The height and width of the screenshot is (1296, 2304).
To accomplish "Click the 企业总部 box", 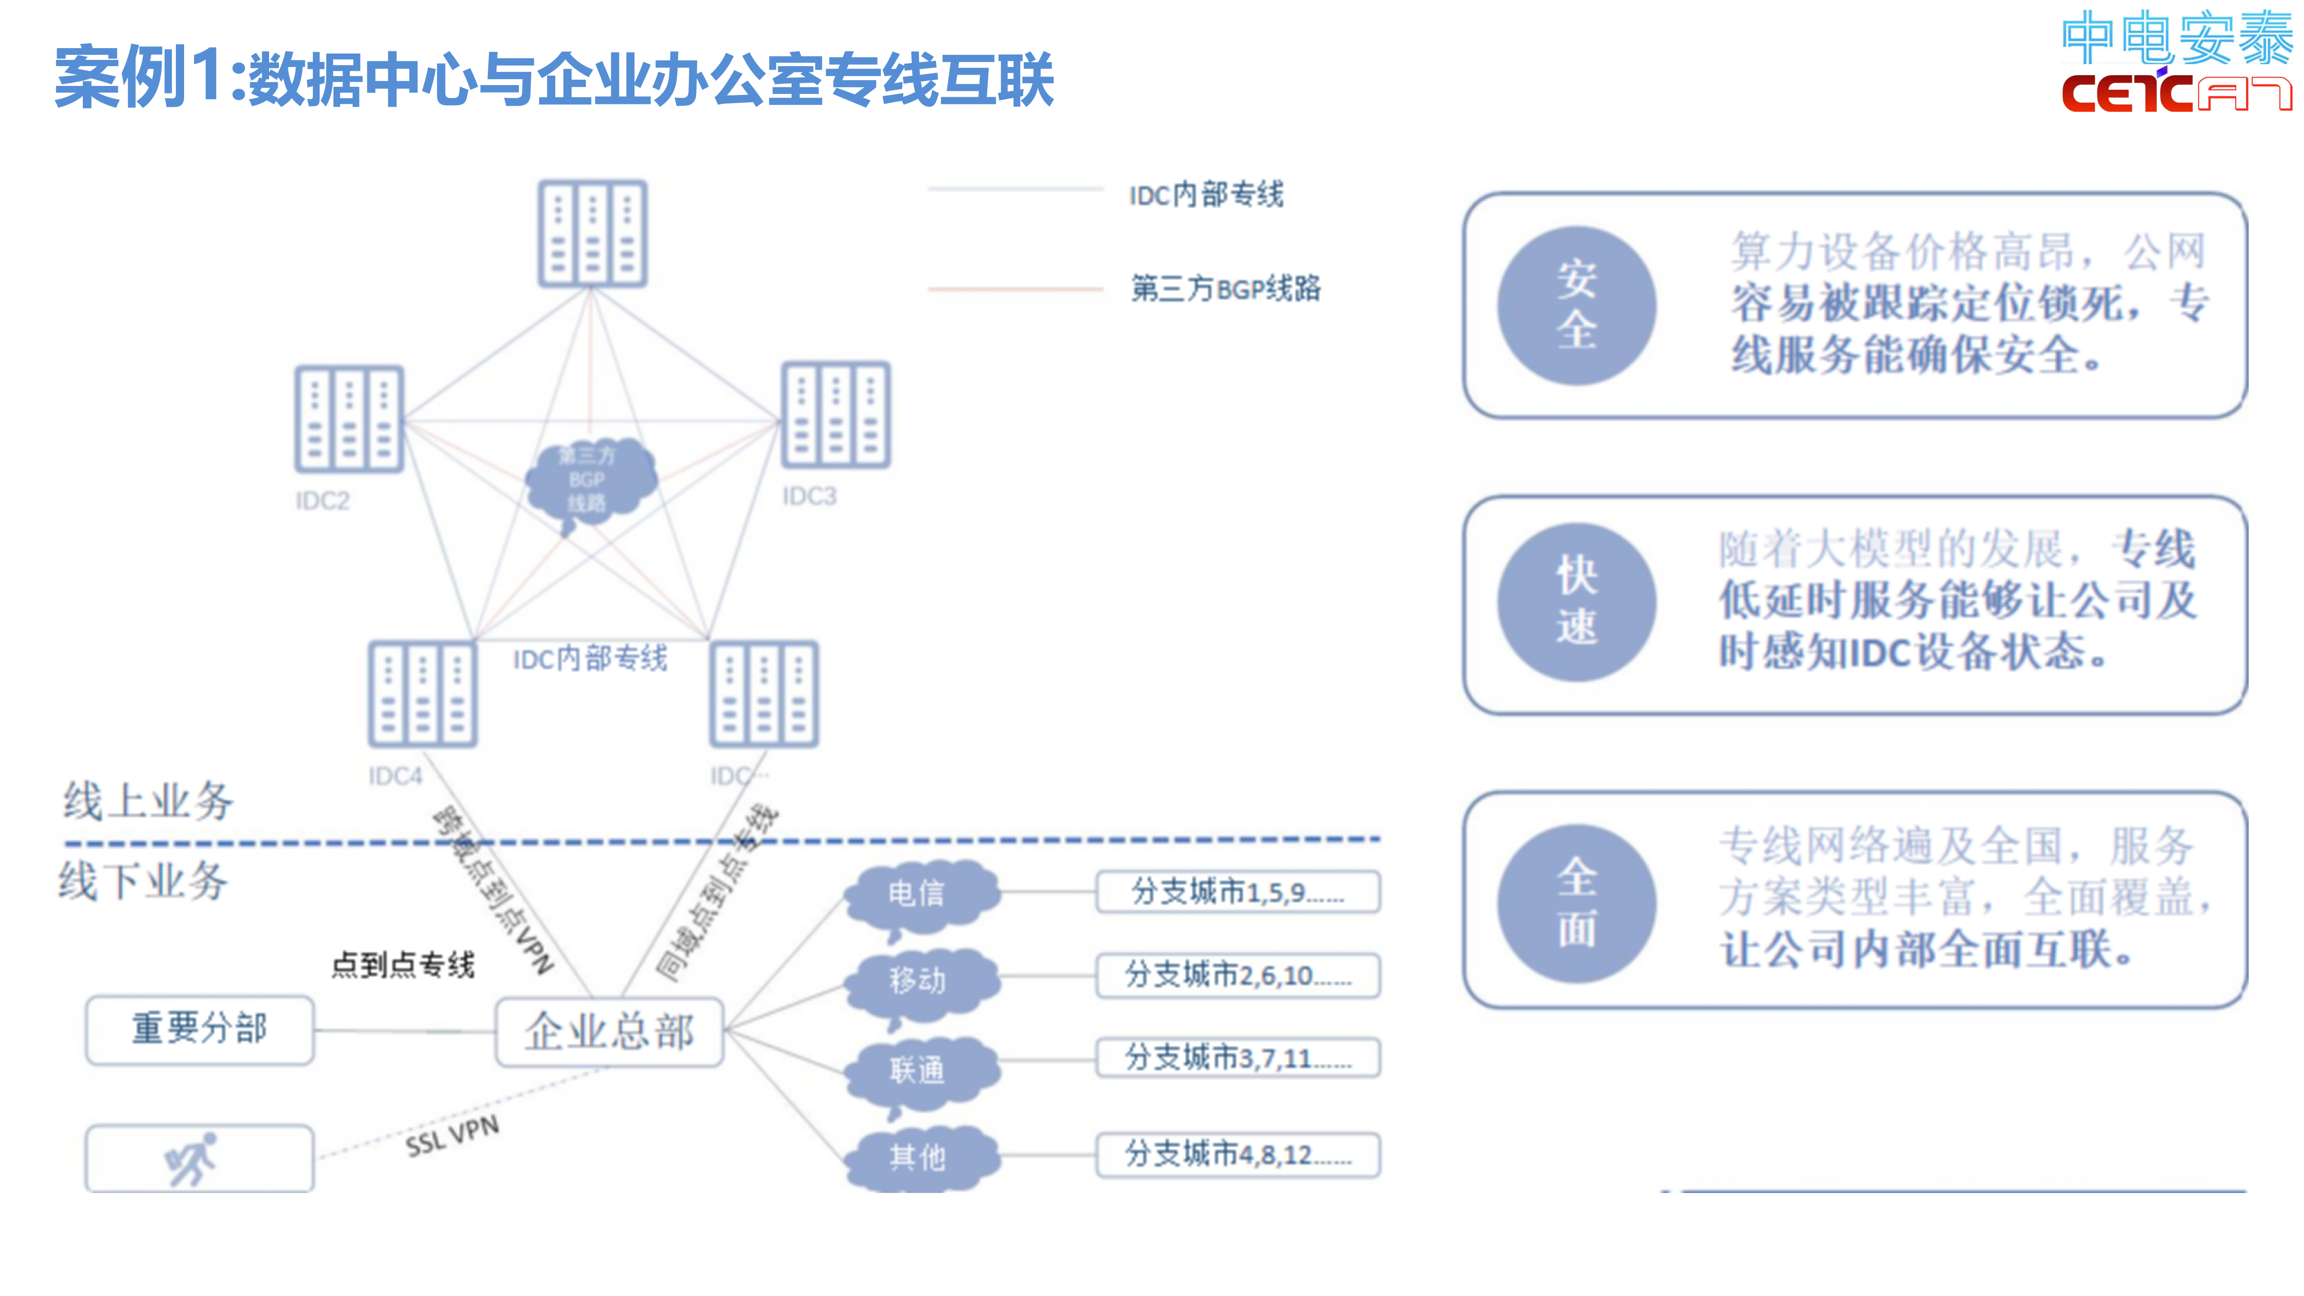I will point(609,1031).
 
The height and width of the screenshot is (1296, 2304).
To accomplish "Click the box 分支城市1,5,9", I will point(1238,892).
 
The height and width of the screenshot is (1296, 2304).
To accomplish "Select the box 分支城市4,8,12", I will point(1238,1155).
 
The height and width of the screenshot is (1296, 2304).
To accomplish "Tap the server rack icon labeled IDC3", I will point(835,414).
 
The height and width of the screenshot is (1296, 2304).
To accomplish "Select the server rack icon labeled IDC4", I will point(422,693).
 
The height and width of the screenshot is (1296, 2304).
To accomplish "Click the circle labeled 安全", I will point(1576,306).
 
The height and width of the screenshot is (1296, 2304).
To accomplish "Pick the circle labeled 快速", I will point(1576,602).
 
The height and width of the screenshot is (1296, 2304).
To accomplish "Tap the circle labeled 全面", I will point(1576,903).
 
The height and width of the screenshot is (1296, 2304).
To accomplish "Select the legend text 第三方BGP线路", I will point(1225,289).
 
